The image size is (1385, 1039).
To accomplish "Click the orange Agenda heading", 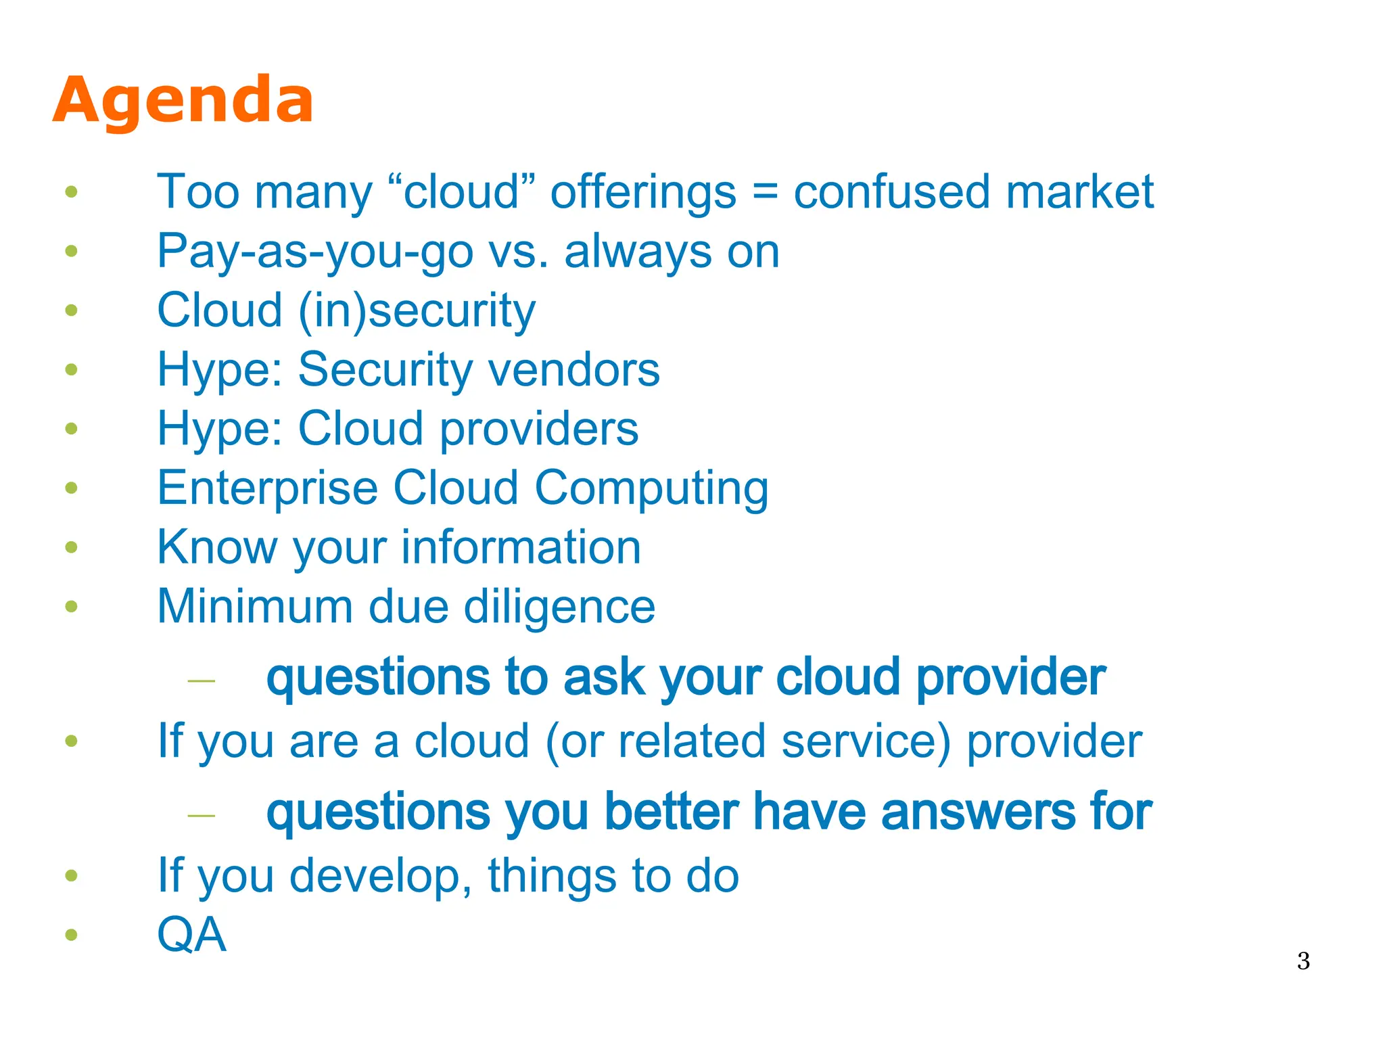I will pyautogui.click(x=183, y=100).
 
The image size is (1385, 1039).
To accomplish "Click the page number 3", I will pyautogui.click(x=1303, y=961).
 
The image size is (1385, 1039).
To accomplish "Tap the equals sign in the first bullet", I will pyautogui.click(x=765, y=192).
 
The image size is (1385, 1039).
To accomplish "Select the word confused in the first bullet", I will pyautogui.click(x=892, y=192).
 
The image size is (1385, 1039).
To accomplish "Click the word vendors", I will pyautogui.click(x=573, y=370).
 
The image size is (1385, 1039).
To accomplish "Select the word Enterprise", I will pyautogui.click(x=267, y=488).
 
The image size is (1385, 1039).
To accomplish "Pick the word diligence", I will pyautogui.click(x=559, y=607).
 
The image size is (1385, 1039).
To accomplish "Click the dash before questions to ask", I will pyautogui.click(x=201, y=680).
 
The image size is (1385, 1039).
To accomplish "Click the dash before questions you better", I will pyautogui.click(x=201, y=816).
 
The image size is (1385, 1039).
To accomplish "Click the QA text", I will pyautogui.click(x=191, y=936).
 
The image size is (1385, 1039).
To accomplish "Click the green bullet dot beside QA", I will pyautogui.click(x=71, y=936).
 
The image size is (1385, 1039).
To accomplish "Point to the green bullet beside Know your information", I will pyautogui.click(x=71, y=547).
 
